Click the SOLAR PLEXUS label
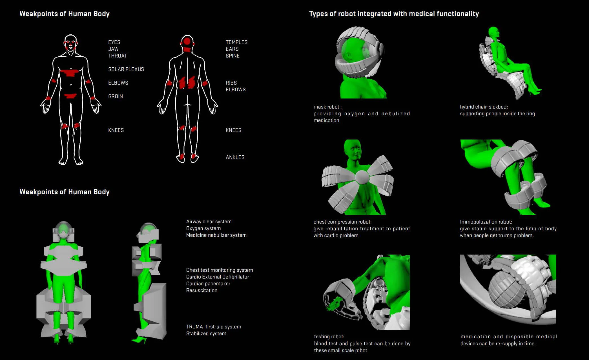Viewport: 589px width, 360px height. point(126,69)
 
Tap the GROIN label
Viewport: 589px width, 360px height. point(116,96)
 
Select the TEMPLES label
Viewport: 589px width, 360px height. point(236,42)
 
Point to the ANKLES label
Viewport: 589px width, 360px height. point(235,157)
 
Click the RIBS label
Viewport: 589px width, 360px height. point(231,83)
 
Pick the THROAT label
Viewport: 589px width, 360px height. point(118,56)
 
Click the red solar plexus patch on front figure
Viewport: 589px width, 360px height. point(70,73)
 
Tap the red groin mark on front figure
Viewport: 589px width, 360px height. point(70,96)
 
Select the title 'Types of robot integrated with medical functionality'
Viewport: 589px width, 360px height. point(394,14)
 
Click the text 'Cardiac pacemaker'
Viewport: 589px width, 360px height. point(208,284)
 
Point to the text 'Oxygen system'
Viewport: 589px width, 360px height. point(203,228)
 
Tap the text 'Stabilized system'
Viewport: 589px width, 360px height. point(206,334)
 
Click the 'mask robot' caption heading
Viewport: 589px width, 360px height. point(327,107)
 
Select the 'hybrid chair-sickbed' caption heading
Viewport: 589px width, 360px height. point(484,107)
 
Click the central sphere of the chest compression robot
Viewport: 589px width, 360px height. point(362,177)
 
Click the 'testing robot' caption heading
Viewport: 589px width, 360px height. point(329,337)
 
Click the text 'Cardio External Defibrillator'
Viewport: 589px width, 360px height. point(218,277)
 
